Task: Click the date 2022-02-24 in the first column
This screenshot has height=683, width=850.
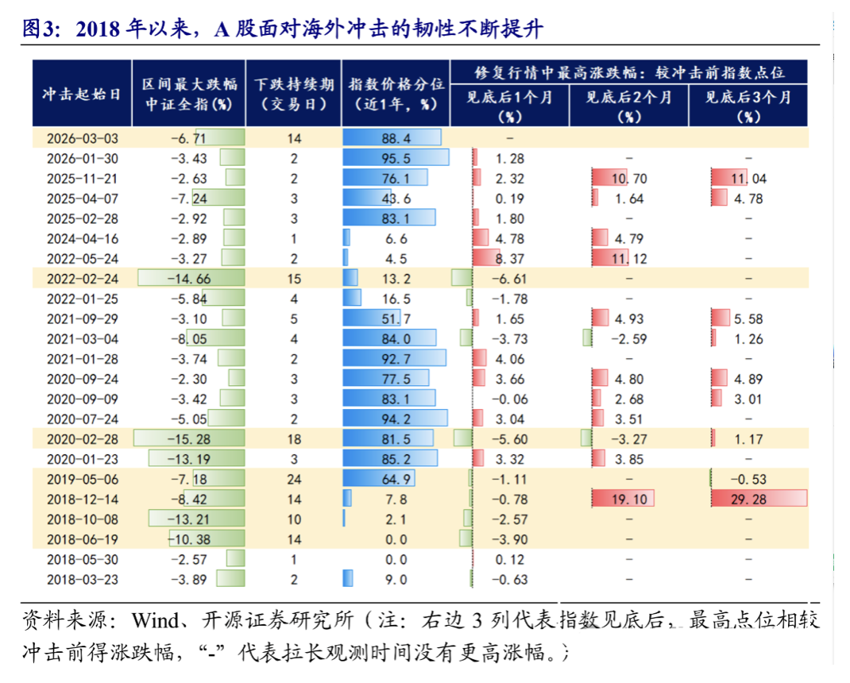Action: [82, 278]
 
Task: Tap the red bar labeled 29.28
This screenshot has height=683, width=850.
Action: [759, 499]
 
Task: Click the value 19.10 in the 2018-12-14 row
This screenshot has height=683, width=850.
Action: [630, 499]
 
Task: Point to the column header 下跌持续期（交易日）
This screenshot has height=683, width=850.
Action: [294, 94]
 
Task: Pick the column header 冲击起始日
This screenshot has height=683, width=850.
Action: [82, 94]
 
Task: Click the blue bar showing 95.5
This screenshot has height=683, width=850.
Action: [396, 157]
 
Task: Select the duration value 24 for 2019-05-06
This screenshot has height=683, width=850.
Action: [294, 479]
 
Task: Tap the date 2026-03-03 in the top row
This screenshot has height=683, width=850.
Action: [82, 137]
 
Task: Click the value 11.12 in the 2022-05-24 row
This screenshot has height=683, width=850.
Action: [630, 258]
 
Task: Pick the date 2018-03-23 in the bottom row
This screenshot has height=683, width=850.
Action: [82, 579]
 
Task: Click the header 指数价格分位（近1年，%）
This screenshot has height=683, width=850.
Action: [396, 94]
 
